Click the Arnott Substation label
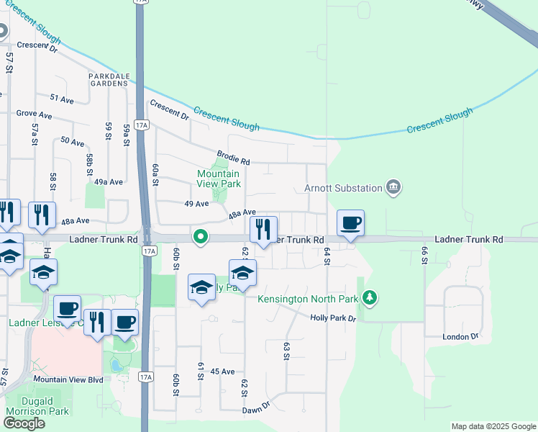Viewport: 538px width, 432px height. [342, 188]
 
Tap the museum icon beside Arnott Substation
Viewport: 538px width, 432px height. [393, 188]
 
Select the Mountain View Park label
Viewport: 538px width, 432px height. [219, 179]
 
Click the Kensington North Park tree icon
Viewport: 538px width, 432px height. [369, 297]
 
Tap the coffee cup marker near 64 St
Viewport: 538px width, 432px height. [350, 224]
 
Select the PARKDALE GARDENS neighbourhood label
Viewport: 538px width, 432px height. [109, 79]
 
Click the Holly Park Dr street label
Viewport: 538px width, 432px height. [333, 318]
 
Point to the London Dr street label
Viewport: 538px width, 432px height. [460, 336]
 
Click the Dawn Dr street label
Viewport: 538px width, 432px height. [255, 408]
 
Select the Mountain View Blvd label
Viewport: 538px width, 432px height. [68, 379]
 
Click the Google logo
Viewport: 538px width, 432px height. [24, 423]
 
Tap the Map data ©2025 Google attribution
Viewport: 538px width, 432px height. [493, 426]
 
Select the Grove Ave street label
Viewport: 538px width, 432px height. [35, 114]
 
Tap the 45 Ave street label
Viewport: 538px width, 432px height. [223, 372]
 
